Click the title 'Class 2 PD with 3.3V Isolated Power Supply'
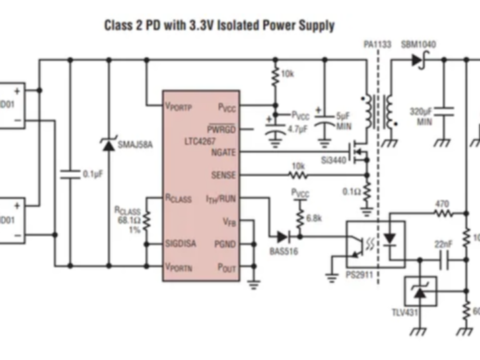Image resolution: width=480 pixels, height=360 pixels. (x=219, y=26)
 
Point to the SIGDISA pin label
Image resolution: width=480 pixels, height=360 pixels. (x=181, y=244)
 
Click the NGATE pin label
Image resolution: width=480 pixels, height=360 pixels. (x=223, y=152)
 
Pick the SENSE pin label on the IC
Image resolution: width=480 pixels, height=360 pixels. (x=223, y=175)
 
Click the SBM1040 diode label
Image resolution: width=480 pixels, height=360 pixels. (x=419, y=45)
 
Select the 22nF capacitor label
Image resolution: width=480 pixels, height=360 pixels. (x=443, y=245)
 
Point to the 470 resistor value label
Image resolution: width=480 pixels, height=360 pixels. (x=441, y=204)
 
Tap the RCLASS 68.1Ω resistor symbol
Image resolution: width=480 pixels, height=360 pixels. (x=147, y=219)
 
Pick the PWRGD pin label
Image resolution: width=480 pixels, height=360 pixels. (x=221, y=129)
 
